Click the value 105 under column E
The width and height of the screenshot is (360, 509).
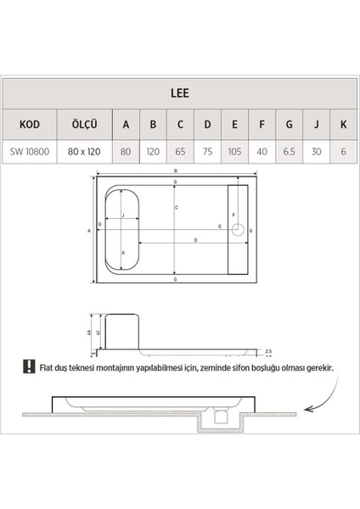tap(234, 153)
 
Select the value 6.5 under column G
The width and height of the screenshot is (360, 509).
tap(289, 153)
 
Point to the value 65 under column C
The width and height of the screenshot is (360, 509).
tap(180, 153)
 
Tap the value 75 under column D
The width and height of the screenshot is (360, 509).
tap(207, 153)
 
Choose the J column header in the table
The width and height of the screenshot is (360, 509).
tap(316, 126)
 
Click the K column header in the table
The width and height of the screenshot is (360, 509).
tap(343, 126)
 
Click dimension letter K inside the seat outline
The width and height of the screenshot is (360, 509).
tap(124, 253)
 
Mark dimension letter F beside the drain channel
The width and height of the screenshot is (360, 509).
tap(235, 215)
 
